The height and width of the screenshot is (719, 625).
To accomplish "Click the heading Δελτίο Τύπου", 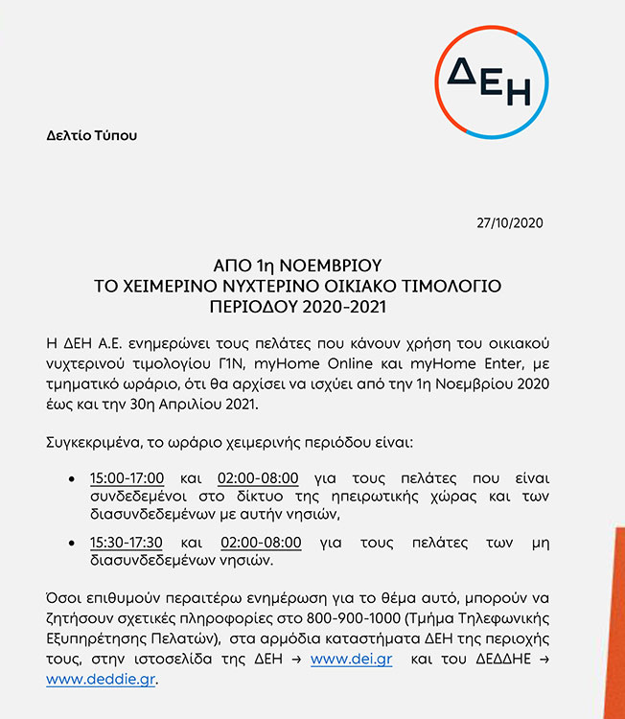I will [x=92, y=135].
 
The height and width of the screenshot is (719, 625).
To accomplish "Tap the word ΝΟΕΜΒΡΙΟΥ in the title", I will [x=338, y=266].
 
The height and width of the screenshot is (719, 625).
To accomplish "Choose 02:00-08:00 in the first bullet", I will [x=259, y=478].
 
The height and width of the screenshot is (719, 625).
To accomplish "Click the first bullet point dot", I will [x=73, y=478].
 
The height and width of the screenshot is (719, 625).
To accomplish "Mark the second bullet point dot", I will [x=73, y=542].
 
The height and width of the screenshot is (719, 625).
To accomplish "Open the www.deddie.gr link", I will [x=101, y=679].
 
